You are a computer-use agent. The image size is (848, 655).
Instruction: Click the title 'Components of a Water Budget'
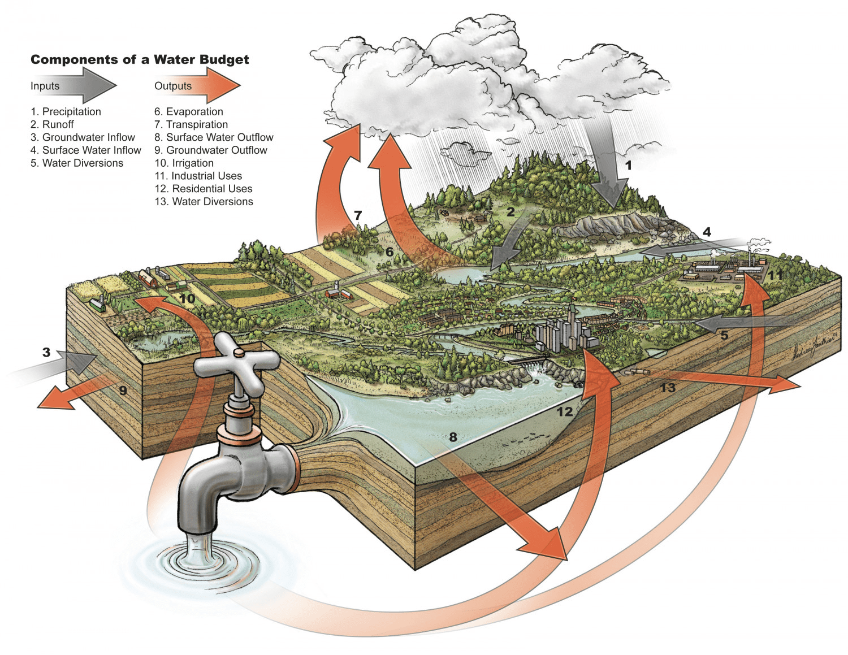coord(140,60)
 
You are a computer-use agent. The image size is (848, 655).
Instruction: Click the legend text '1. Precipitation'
coord(66,112)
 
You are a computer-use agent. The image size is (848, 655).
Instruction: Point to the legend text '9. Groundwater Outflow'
coord(210,150)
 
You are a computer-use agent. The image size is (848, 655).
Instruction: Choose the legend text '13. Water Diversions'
coord(204,202)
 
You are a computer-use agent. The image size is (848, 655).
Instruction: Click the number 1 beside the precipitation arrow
coord(628,166)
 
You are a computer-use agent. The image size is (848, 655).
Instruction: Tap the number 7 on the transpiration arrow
coord(357,215)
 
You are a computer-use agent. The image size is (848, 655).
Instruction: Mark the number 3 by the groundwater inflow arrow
coord(46,353)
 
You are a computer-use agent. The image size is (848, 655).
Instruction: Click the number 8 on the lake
coord(452,437)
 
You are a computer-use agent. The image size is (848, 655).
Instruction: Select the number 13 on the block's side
coord(668,388)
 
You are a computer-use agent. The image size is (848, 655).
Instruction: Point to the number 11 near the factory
coord(775,275)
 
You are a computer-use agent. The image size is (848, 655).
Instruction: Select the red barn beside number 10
coord(148,278)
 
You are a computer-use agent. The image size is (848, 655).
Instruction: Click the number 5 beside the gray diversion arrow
coord(724,336)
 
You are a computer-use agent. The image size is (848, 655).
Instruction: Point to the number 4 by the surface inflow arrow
coord(707,232)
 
